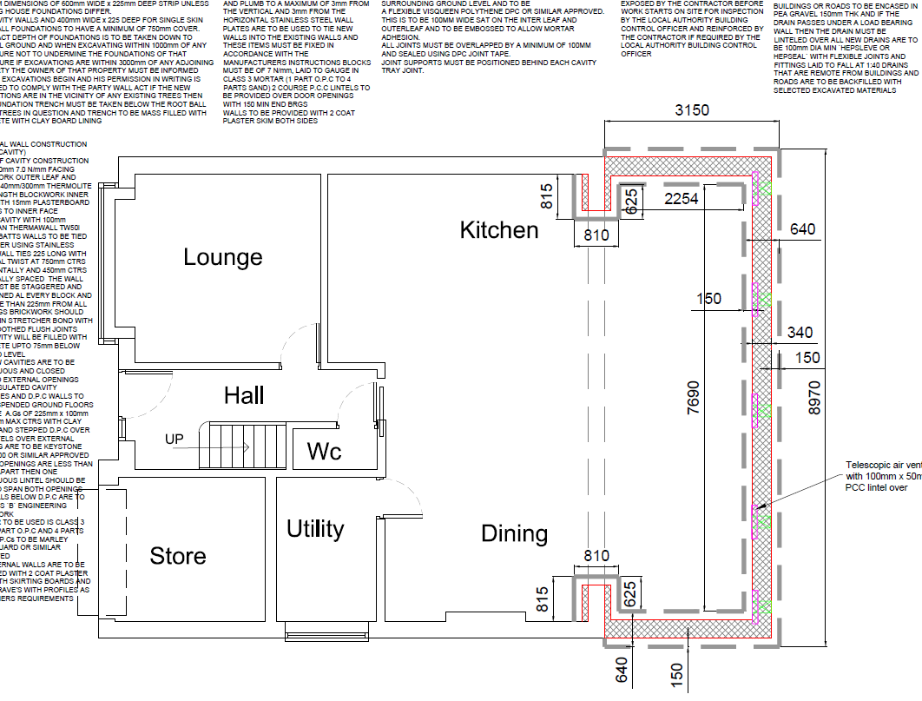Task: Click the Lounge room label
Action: pyautogui.click(x=223, y=257)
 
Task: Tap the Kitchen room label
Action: pyautogui.click(x=499, y=229)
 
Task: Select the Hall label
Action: pyautogui.click(x=244, y=396)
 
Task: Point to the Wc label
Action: pyautogui.click(x=324, y=452)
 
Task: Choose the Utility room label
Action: pyautogui.click(x=315, y=528)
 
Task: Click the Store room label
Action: pyautogui.click(x=178, y=556)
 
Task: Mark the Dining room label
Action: pyautogui.click(x=515, y=532)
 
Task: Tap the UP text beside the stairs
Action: pyautogui.click(x=175, y=440)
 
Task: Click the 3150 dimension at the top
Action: pyautogui.click(x=693, y=110)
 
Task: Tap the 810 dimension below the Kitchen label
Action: pyautogui.click(x=596, y=235)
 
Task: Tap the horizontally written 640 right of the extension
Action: pyautogui.click(x=802, y=229)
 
